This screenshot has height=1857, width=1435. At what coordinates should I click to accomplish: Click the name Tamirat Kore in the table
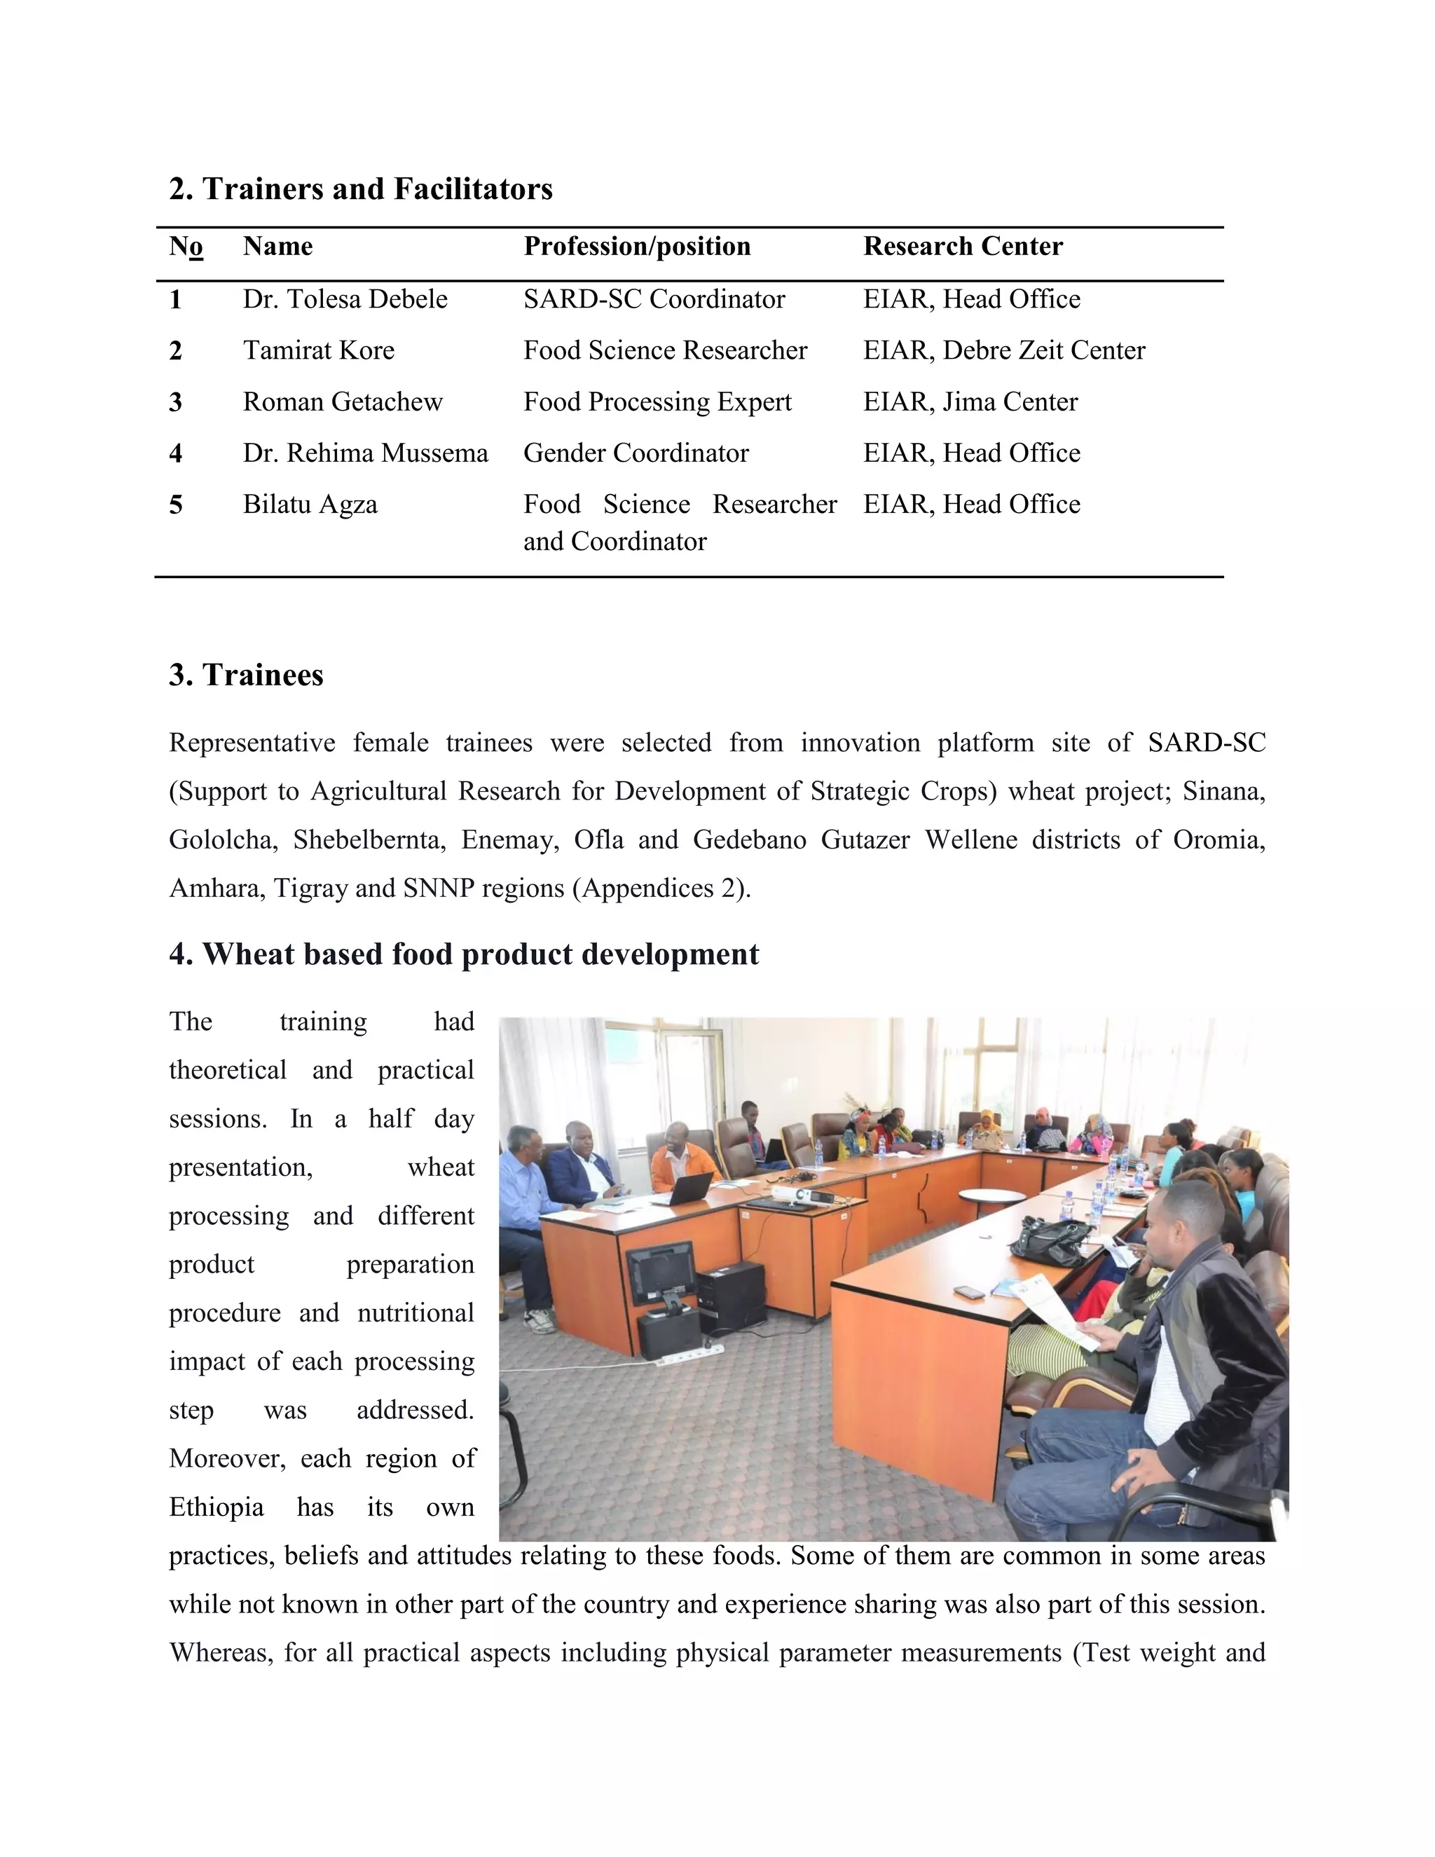pyautogui.click(x=318, y=350)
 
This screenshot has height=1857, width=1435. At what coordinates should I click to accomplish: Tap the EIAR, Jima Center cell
pyautogui.click(x=969, y=402)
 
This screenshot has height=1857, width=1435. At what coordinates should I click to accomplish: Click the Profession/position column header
pyautogui.click(x=636, y=247)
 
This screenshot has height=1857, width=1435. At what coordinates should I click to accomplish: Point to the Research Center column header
pyautogui.click(x=962, y=247)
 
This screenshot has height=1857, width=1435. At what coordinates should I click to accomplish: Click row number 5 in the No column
pyautogui.click(x=175, y=505)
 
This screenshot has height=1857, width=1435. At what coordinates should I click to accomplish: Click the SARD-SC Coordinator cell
pyautogui.click(x=653, y=299)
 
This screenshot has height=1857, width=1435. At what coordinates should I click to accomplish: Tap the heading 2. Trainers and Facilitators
pyautogui.click(x=360, y=189)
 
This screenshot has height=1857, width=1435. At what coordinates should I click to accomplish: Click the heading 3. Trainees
pyautogui.click(x=246, y=675)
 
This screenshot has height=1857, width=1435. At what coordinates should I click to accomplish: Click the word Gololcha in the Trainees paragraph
pyautogui.click(x=223, y=840)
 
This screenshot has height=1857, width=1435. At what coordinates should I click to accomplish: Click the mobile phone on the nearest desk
pyautogui.click(x=968, y=1291)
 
